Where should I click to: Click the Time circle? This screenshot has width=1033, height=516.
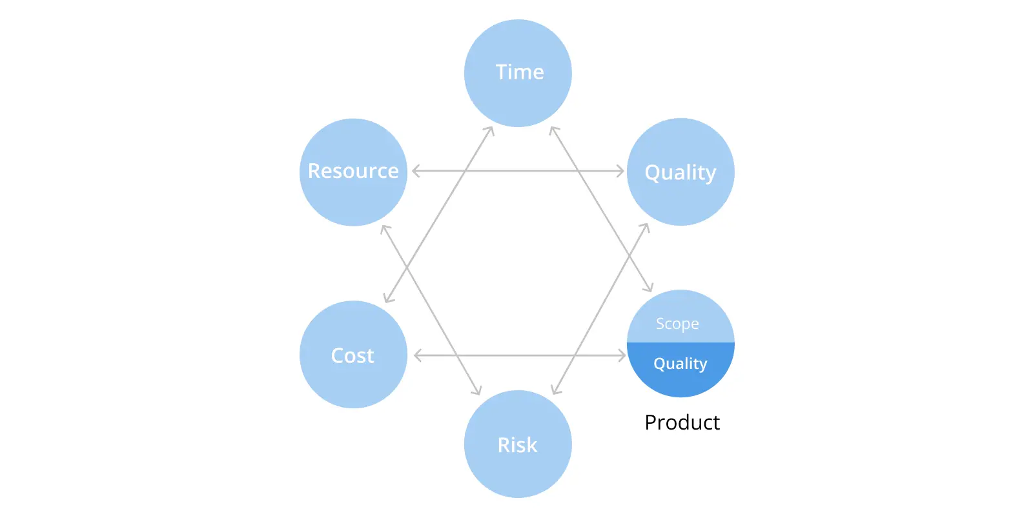coord(518,73)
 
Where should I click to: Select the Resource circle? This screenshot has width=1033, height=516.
coord(353,172)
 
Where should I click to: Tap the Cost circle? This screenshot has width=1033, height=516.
coord(353,354)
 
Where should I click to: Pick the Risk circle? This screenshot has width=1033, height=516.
coord(518,444)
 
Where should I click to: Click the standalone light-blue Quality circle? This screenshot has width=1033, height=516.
coord(680,172)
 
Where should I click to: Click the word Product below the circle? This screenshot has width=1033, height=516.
coord(682,422)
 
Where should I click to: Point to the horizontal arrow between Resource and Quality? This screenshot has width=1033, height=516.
coord(518,171)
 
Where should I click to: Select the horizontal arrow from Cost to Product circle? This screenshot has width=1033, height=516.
coord(520,355)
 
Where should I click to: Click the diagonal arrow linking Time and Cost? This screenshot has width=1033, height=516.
coord(439,214)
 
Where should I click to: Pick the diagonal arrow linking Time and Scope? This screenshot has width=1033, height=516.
coord(601,209)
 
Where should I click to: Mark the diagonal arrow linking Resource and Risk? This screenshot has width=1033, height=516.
coord(431,310)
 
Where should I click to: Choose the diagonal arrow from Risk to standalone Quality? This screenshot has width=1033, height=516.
coord(600,309)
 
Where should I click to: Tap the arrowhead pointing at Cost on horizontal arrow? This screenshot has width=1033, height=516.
coord(418,355)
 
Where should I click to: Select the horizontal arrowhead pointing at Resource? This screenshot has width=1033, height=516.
coord(416,171)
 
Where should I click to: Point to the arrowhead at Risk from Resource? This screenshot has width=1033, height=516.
coord(476,390)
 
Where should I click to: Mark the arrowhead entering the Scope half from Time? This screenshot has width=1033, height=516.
coord(648,286)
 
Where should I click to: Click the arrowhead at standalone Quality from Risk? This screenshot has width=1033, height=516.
coord(645,229)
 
